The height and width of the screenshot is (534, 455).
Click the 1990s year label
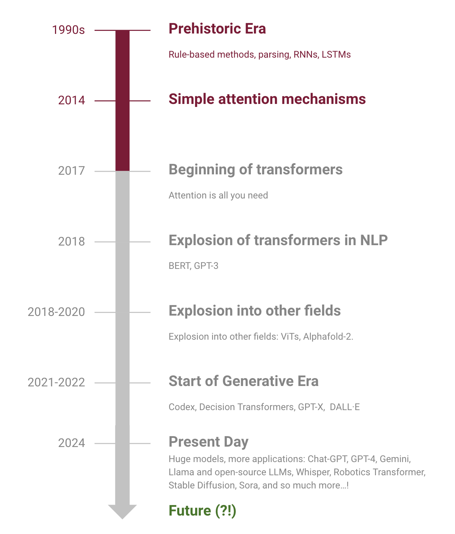click(x=68, y=30)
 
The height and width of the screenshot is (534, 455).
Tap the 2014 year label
click(x=71, y=101)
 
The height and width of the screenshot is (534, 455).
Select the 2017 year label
click(x=71, y=171)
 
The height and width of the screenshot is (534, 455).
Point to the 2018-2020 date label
click(x=56, y=312)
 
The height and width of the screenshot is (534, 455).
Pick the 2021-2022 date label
click(x=56, y=383)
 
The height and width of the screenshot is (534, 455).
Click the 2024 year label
click(x=71, y=443)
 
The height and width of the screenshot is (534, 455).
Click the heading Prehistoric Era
click(x=217, y=29)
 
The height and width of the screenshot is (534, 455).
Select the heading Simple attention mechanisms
click(x=267, y=99)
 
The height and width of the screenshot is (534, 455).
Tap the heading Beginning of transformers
click(x=255, y=170)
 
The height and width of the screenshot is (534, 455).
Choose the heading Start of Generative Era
click(x=243, y=381)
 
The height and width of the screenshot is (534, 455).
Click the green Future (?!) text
click(x=202, y=511)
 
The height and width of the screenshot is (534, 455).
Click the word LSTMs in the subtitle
click(x=336, y=55)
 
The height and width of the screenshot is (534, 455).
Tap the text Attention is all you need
click(x=218, y=195)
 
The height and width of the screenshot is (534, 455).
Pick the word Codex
click(x=182, y=407)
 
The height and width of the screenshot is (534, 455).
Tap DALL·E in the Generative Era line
click(x=345, y=407)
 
